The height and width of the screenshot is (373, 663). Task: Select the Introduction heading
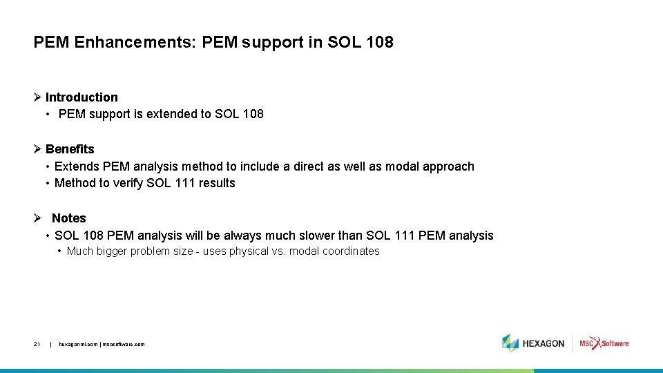coord(81,97)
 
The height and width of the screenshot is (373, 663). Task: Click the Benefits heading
coord(70,149)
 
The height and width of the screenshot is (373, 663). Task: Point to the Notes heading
coord(69,218)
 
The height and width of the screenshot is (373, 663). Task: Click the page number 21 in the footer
coord(37,344)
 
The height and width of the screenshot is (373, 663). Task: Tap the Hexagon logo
coord(533,343)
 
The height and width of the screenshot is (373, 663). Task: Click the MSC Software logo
coord(604,343)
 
